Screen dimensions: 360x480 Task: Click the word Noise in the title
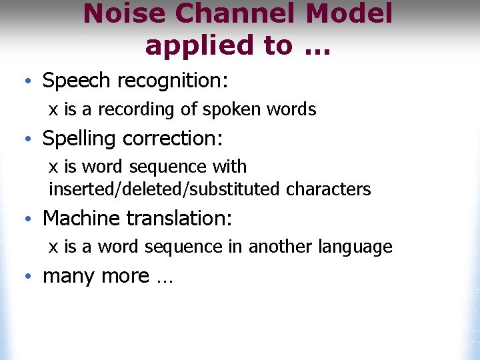click(119, 14)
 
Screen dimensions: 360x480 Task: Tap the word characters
click(328, 189)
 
